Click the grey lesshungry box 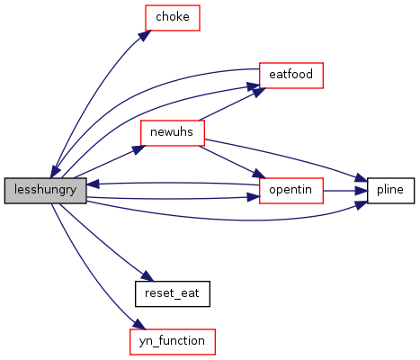pyautogui.click(x=45, y=191)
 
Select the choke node pyautogui.click(x=173, y=18)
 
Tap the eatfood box pyautogui.click(x=291, y=76)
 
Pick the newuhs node pyautogui.click(x=173, y=133)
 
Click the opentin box pyautogui.click(x=291, y=191)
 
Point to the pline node pyautogui.click(x=390, y=191)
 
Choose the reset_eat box pyautogui.click(x=173, y=293)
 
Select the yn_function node pyautogui.click(x=173, y=342)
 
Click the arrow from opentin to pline pyautogui.click(x=345, y=191)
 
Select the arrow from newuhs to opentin pyautogui.click(x=232, y=162)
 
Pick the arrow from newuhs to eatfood pyautogui.click(x=232, y=104)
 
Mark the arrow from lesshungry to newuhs pyautogui.click(x=110, y=161)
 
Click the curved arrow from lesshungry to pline pyautogui.click(x=228, y=220)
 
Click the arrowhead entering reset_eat pyautogui.click(x=147, y=276)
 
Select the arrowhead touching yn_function pyautogui.click(x=139, y=324)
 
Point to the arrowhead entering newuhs pyautogui.click(x=139, y=149)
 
